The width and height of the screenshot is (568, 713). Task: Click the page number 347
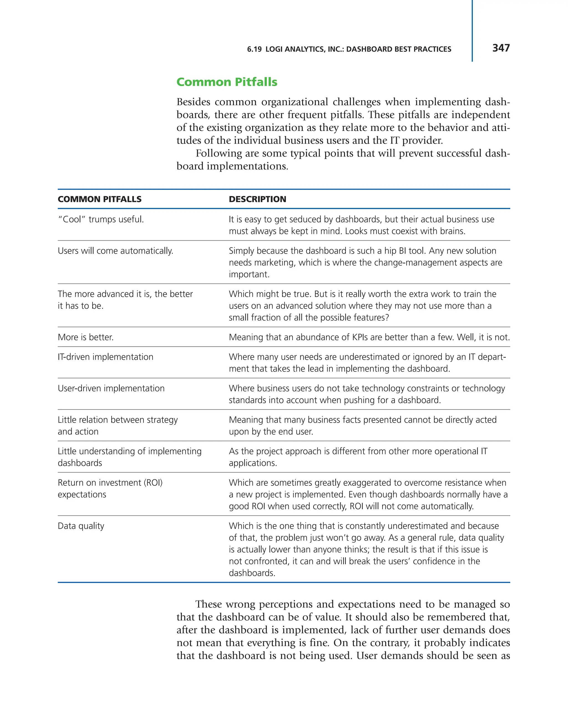click(501, 48)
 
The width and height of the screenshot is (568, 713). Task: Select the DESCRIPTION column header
click(257, 199)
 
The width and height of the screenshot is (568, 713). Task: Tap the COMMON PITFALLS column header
click(100, 199)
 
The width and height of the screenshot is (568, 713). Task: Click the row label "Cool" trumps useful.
click(101, 219)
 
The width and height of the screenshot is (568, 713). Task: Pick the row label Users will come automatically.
click(115, 251)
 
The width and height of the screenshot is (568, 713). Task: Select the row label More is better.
click(86, 337)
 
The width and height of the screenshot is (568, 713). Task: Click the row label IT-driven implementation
click(105, 357)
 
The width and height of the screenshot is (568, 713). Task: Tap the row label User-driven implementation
click(111, 388)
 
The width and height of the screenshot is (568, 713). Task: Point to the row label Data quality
click(81, 526)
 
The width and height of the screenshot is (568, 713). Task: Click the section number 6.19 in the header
click(254, 49)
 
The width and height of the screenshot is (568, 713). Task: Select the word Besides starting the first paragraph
click(193, 102)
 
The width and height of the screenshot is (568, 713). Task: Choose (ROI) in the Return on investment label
click(153, 483)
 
